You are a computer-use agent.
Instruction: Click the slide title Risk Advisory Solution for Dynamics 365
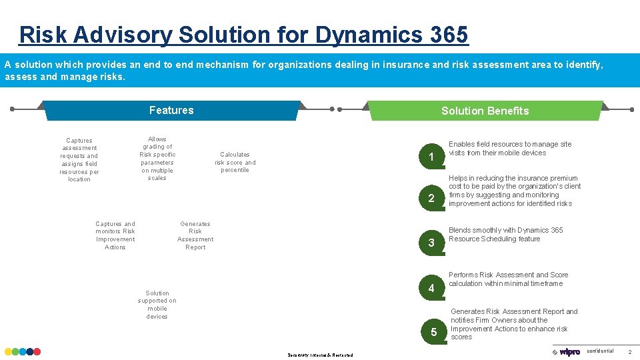[x=243, y=34]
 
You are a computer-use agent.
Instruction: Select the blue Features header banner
[x=171, y=111]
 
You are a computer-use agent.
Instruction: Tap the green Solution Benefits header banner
[x=485, y=111]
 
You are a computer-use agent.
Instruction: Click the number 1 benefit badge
[x=431, y=157]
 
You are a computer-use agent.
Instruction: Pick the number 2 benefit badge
[x=431, y=199]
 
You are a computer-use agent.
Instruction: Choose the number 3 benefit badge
[x=431, y=243]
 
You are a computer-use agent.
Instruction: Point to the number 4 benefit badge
[x=431, y=288]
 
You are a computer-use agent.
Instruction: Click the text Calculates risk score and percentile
[x=235, y=162]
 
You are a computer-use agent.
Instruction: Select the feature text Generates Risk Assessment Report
[x=195, y=235]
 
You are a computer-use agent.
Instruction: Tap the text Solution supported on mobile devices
[x=157, y=305]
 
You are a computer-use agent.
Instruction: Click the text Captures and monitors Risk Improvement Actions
[x=115, y=235]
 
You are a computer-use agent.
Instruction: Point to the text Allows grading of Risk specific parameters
[x=157, y=159]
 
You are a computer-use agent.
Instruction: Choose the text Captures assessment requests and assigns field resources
[x=79, y=160]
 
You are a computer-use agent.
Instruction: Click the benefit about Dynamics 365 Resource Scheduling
[x=505, y=235]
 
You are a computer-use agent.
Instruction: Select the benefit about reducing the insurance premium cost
[x=514, y=191]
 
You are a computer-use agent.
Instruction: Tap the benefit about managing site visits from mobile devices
[x=509, y=149]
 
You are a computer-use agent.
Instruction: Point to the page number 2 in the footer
[x=630, y=352]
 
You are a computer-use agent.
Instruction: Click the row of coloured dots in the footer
[x=23, y=351]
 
